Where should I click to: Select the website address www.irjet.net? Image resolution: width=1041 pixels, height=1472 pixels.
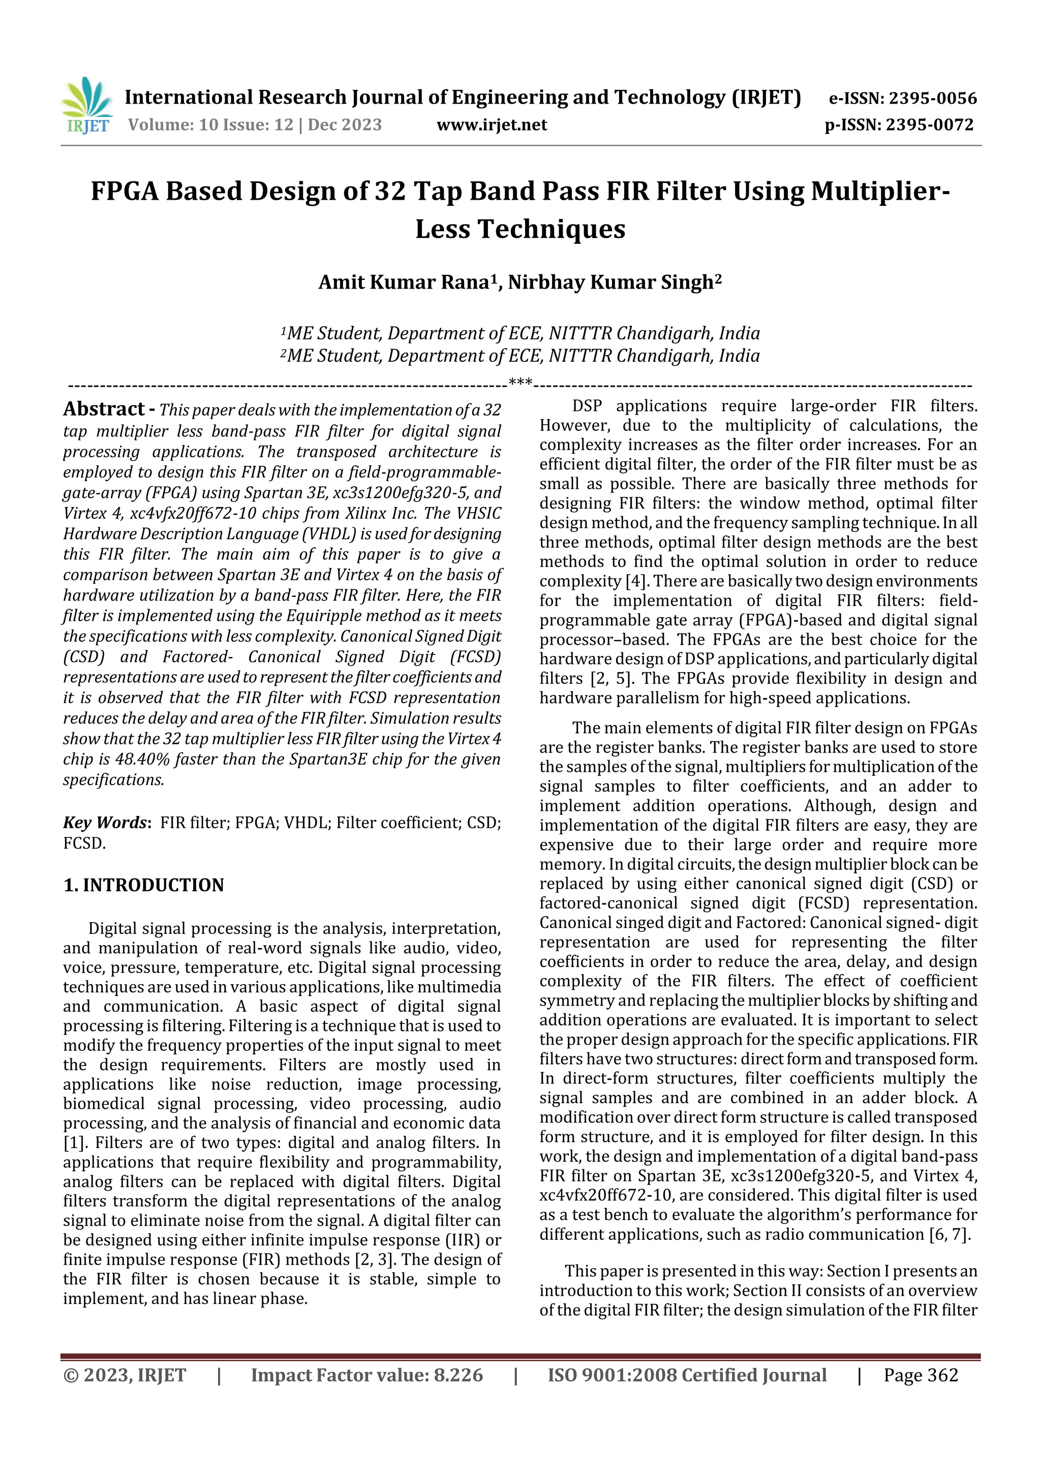[492, 125]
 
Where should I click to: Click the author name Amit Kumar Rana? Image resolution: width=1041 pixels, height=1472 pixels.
[405, 283]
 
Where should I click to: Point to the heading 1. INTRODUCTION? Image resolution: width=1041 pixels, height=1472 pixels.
[144, 885]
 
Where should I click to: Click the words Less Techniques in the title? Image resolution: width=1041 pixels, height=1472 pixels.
[520, 229]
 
